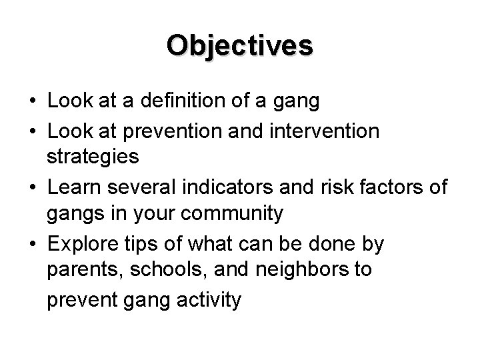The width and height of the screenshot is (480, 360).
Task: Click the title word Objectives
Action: pyautogui.click(x=240, y=46)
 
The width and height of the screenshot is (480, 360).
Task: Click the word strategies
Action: pyautogui.click(x=93, y=157)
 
